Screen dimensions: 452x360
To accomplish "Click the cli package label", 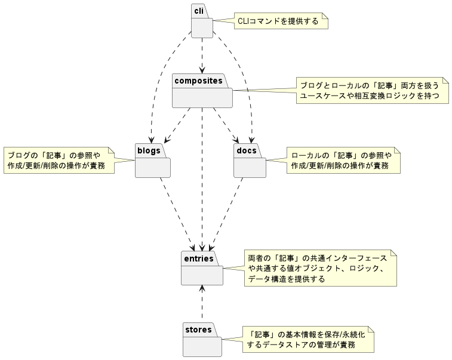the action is tap(199, 11).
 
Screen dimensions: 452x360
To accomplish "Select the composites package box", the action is tap(202, 91).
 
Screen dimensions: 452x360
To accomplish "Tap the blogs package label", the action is tap(149, 150).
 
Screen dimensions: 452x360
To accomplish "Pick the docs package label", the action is tap(247, 150).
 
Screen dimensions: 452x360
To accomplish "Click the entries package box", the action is tap(202, 268).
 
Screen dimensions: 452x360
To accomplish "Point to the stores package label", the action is tap(198, 330).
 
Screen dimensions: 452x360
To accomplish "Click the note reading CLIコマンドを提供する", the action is tap(281, 21).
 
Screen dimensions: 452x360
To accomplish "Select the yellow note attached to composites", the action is tap(373, 91).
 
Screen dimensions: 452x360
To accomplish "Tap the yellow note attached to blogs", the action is tap(59, 160).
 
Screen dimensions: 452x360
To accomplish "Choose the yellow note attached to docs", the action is tap(343, 160).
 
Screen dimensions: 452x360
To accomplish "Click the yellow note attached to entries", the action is tap(321, 268).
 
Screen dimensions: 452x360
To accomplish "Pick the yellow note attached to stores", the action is tap(308, 340).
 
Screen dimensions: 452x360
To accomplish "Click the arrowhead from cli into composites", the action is tap(202, 70).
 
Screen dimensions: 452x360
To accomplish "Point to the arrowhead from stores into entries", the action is tap(202, 289).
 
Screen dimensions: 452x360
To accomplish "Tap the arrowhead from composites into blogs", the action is tap(167, 140).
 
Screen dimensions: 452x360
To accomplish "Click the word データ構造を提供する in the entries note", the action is tap(287, 279).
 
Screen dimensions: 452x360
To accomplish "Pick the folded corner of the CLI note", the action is tap(325, 16).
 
